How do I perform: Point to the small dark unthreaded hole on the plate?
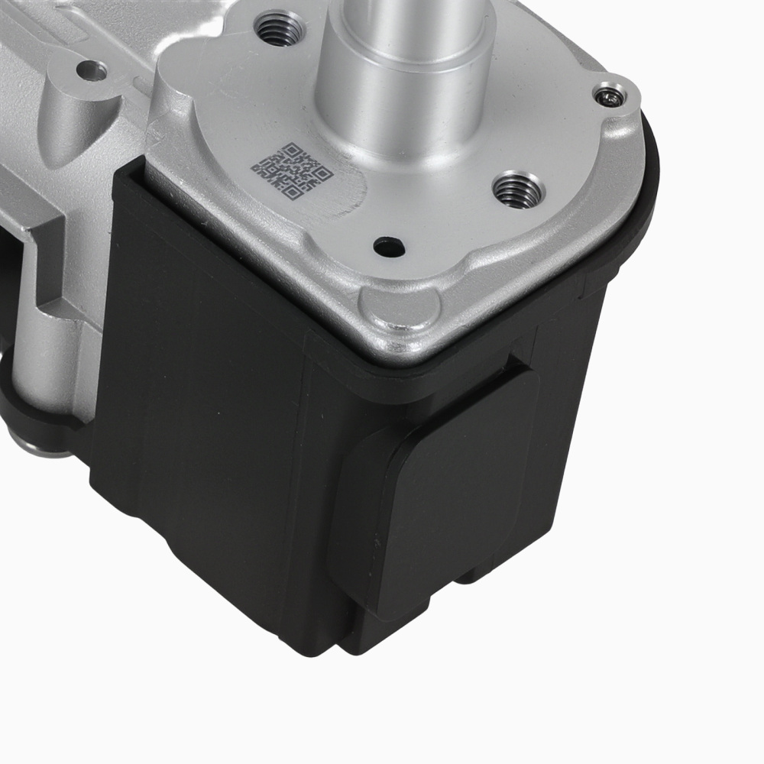pos(389,247)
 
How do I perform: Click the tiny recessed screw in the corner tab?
pos(610,96)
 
